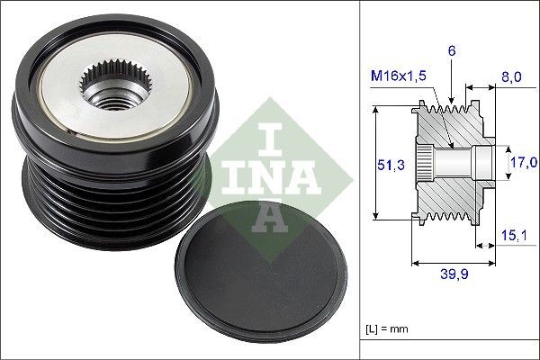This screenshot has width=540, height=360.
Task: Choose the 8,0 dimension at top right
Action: pos(511,77)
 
